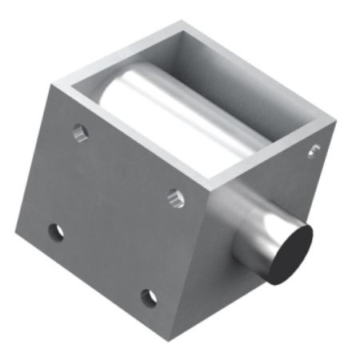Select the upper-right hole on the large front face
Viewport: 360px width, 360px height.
coord(177,198)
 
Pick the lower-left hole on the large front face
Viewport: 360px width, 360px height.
coord(55,232)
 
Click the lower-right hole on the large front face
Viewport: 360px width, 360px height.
coord(148,298)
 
